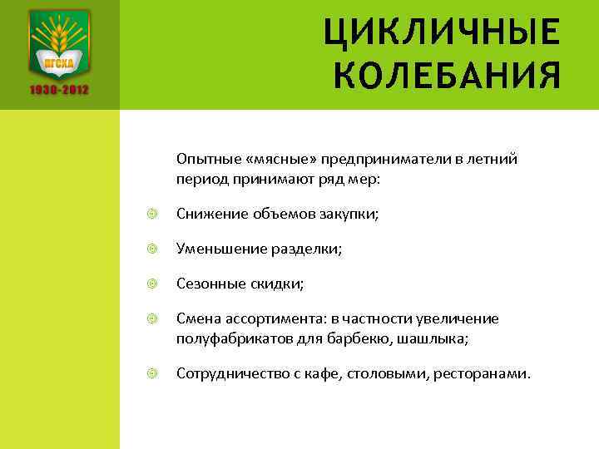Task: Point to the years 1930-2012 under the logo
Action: (x=60, y=89)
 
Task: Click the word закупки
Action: (x=353, y=215)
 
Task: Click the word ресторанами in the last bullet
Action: (x=480, y=374)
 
